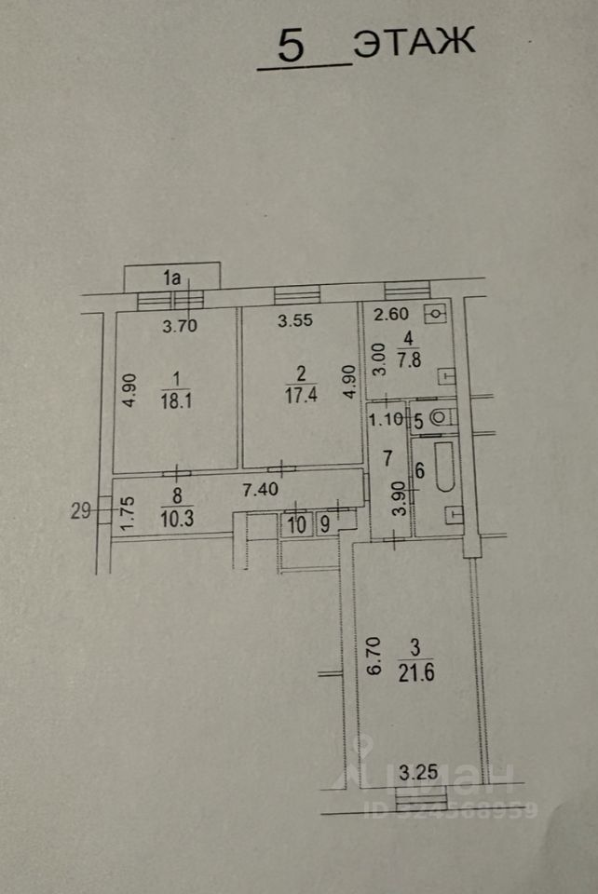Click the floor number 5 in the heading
[291, 47]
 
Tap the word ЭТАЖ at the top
[413, 44]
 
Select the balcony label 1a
[171, 276]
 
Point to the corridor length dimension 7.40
[260, 488]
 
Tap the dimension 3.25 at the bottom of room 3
[417, 771]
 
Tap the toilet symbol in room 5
[442, 419]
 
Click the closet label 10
[296, 525]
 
